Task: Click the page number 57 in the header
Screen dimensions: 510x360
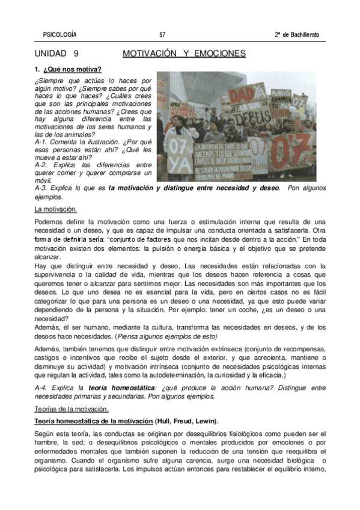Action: pos(163,34)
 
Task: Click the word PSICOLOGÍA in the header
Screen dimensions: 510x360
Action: pos(60,34)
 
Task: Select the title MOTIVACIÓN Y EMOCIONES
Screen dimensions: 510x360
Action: pos(184,54)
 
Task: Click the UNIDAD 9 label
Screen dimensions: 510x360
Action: pos(57,54)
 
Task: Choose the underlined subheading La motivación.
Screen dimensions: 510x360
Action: pos(56,209)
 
